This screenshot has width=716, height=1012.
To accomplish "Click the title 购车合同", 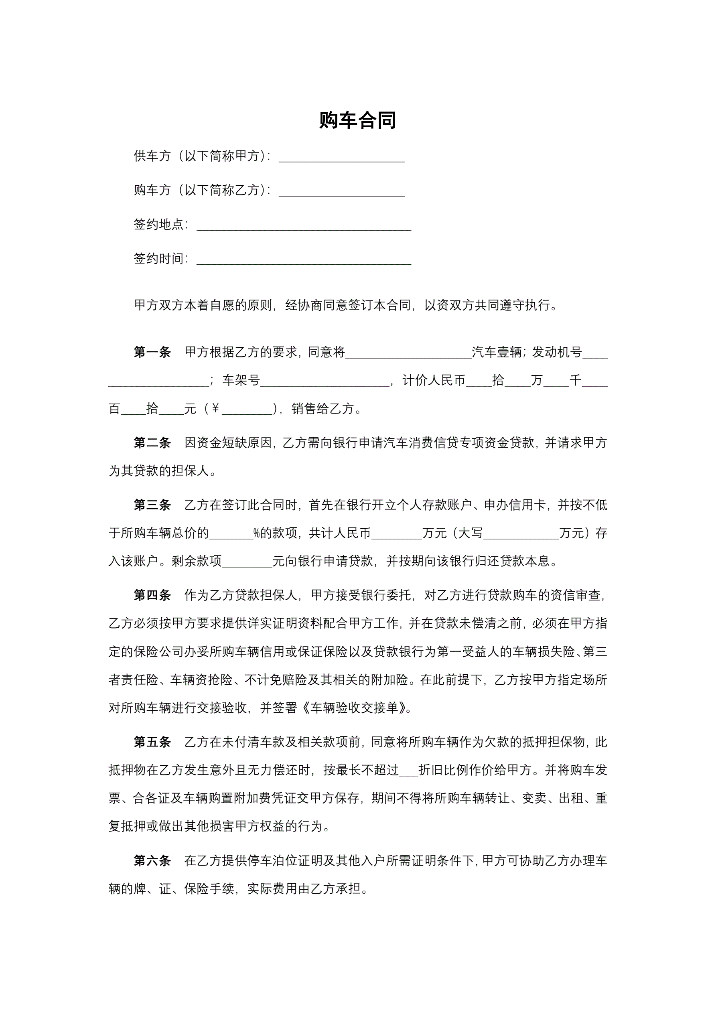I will [x=357, y=120].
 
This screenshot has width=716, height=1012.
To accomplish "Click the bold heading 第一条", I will [x=152, y=352].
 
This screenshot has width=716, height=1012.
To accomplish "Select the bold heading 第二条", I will [x=152, y=442].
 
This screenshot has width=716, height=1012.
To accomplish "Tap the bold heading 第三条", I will [x=152, y=505].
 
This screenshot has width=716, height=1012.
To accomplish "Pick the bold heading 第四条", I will [x=152, y=596].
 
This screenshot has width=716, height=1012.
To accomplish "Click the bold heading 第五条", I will [x=152, y=742].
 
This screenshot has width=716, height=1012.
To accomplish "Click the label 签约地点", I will [x=159, y=224].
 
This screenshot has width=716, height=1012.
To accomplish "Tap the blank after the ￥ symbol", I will [x=247, y=410].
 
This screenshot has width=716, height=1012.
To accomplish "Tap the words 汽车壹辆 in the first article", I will [x=497, y=352].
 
